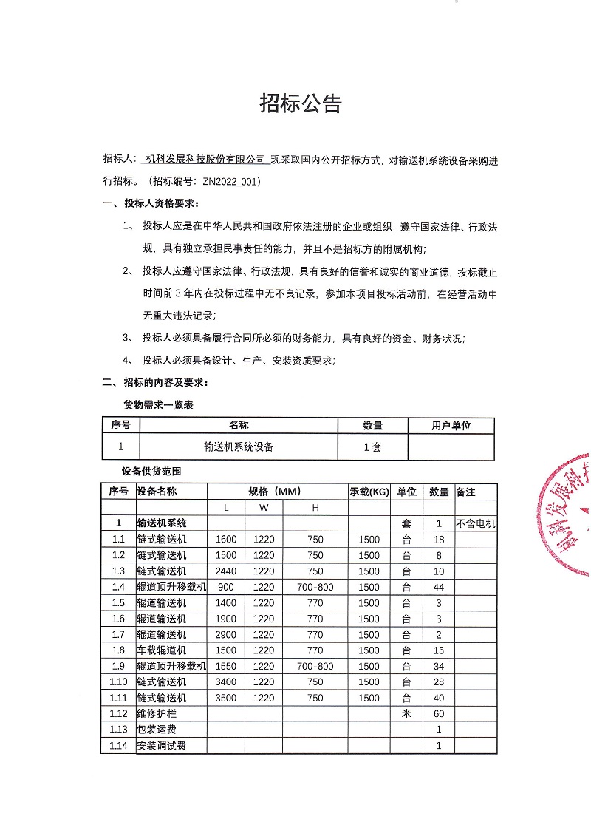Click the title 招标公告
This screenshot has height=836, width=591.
point(300,104)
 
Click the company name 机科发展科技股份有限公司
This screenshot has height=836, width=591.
point(205,159)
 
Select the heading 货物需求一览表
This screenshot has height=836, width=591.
point(158,405)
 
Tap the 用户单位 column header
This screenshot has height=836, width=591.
point(451,426)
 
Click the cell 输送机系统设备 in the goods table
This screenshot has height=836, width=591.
point(239,446)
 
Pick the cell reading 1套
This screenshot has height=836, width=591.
point(372,446)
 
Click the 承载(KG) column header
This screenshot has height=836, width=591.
point(369,492)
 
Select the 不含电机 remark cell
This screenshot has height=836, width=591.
point(475,523)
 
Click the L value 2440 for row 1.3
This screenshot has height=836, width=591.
point(226,571)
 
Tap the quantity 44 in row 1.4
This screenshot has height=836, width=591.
point(439,587)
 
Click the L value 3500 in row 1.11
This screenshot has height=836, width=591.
point(226,698)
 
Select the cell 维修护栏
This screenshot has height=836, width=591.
point(157,714)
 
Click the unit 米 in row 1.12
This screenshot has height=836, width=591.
point(406,714)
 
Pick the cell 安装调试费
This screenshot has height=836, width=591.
point(162,746)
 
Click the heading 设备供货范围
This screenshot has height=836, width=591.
point(151,471)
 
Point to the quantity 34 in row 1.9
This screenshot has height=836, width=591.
point(439,666)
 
